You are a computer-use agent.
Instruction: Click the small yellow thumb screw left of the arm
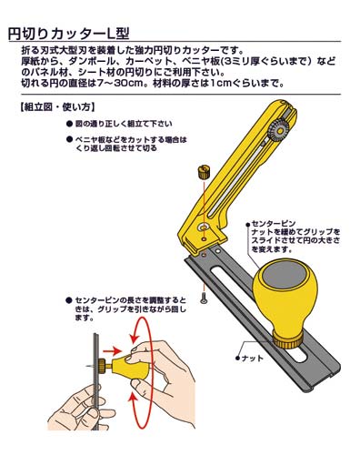[203, 171]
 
